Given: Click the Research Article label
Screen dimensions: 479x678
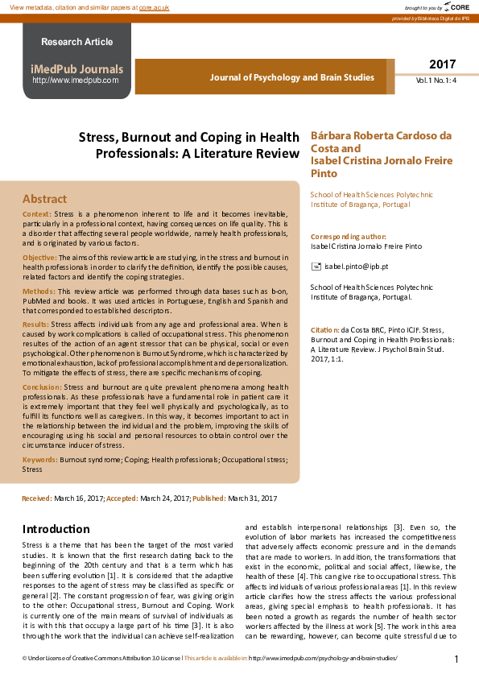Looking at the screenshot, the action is [77, 42].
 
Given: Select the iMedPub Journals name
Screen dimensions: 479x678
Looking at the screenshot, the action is [77, 69].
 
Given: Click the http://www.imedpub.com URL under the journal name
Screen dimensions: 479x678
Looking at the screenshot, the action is [76, 81].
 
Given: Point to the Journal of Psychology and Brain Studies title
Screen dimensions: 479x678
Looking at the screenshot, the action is [291, 77].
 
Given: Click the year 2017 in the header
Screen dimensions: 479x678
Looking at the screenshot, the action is [442, 64].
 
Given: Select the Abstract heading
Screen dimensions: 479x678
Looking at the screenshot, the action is [44, 198].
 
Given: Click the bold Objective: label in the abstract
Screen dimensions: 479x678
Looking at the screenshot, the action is [39, 255].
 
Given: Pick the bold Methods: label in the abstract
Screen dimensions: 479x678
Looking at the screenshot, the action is [39, 290].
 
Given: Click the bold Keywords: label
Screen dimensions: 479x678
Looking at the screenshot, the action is [39, 459].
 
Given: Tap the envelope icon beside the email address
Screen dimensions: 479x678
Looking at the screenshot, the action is [316, 266].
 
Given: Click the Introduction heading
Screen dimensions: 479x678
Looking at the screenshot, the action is [56, 529].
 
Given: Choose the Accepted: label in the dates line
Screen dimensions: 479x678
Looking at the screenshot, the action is [122, 499].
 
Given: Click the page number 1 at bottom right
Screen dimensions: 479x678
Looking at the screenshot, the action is [456, 659].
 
